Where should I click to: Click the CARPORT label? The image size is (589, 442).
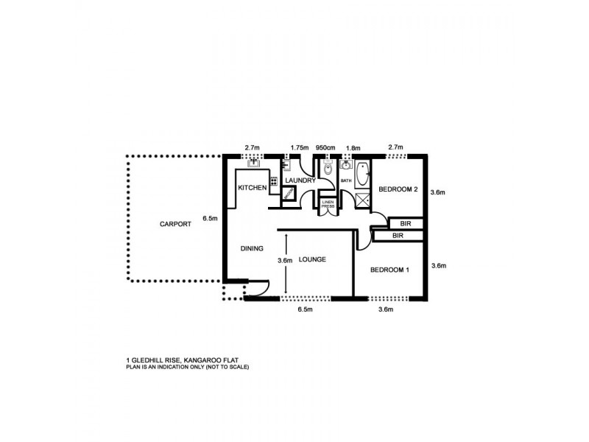point(174,224)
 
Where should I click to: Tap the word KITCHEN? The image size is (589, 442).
point(252,189)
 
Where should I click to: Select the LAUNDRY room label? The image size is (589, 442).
point(300,181)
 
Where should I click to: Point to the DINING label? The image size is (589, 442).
point(252,249)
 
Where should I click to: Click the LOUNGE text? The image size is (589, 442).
point(313,260)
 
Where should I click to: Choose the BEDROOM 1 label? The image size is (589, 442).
point(389,270)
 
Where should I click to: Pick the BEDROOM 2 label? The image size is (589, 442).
point(398,189)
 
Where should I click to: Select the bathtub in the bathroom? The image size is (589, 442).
point(363,175)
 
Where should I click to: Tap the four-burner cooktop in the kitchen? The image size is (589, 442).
point(273,181)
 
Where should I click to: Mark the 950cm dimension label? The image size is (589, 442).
point(325,147)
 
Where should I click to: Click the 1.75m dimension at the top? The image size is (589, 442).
point(300,147)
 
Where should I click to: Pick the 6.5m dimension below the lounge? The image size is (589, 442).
point(305,310)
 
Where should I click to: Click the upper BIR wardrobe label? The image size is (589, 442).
point(404,222)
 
